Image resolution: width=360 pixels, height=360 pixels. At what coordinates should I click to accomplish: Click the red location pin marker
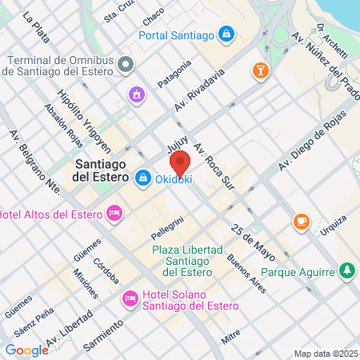(x=181, y=162)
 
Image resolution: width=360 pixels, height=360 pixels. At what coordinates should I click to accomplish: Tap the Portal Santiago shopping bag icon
(x=227, y=34)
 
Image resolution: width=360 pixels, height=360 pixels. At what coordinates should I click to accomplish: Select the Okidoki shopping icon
(x=143, y=178)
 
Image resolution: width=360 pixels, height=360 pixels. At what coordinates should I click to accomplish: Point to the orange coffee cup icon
(x=302, y=221)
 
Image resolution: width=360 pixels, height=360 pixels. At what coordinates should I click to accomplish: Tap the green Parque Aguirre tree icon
(x=346, y=271)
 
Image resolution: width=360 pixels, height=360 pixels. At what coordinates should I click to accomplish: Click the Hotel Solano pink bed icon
(x=130, y=299)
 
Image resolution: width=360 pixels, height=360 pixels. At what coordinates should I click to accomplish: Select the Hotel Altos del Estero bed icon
(x=114, y=214)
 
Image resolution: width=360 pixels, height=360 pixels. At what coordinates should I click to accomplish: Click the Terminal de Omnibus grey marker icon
(x=124, y=63)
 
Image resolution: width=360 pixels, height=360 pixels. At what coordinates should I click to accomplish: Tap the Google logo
(x=26, y=350)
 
